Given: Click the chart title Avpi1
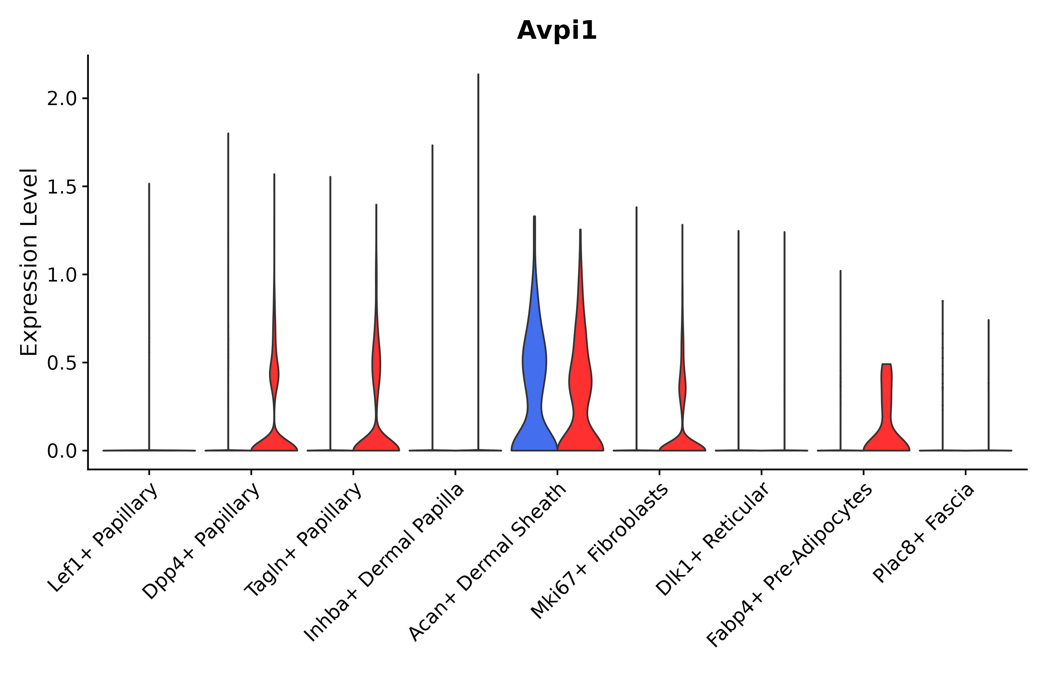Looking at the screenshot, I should (x=556, y=31).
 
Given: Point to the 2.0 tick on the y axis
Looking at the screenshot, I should (x=62, y=99).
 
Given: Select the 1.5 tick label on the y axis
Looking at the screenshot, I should (x=62, y=187).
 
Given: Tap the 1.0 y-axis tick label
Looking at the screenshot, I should (x=62, y=275).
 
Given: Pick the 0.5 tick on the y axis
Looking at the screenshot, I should (x=62, y=363).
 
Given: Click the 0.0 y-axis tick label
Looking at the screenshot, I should (x=62, y=451).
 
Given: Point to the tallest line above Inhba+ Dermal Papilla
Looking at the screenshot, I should (x=478, y=223).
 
